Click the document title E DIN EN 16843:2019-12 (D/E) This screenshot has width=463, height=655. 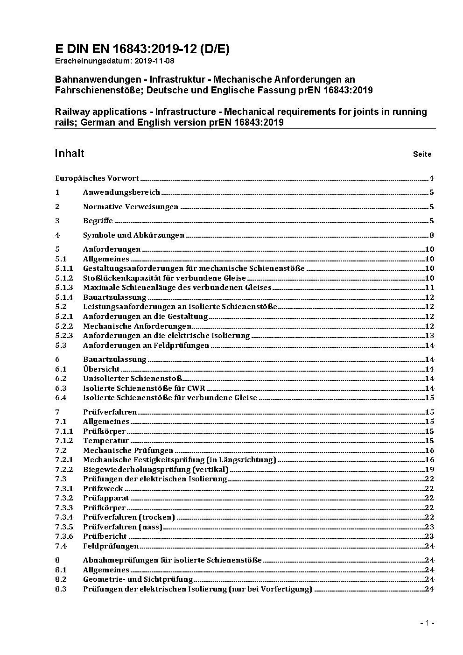click(x=142, y=49)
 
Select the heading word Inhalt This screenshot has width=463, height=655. click(x=70, y=153)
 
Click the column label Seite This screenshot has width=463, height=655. click(x=422, y=154)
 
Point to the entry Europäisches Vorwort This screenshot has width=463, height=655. click(x=97, y=178)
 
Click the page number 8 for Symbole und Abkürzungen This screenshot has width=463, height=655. click(x=432, y=235)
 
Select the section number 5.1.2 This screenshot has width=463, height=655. click(x=64, y=278)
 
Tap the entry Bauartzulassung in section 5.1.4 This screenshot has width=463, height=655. click(x=114, y=297)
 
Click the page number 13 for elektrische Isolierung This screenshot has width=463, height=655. click(x=429, y=336)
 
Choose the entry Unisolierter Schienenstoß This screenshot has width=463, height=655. click(x=133, y=379)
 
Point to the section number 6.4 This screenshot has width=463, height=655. click(x=61, y=398)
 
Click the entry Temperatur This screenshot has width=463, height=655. click(x=106, y=441)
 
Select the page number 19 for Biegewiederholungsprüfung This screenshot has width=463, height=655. click(x=429, y=469)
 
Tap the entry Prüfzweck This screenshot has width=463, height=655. click(x=103, y=489)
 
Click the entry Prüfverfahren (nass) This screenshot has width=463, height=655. click(x=122, y=527)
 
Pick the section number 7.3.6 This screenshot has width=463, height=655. click(x=64, y=536)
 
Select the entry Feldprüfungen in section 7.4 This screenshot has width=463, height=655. click(x=111, y=546)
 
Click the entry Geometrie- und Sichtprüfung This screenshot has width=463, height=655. click(x=138, y=579)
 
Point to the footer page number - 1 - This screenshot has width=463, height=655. click(x=427, y=623)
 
